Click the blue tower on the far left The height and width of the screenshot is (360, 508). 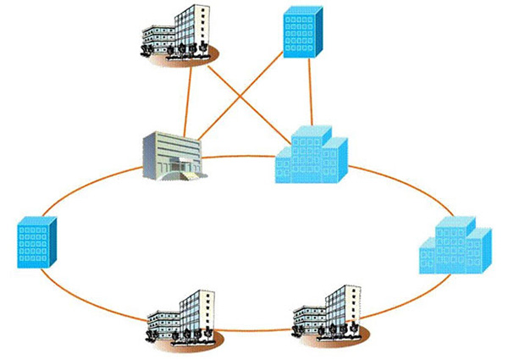(x=37, y=241)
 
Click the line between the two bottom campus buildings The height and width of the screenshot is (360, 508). (x=254, y=331)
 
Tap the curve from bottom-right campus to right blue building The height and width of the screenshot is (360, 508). (x=398, y=301)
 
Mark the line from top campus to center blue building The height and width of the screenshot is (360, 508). (x=254, y=110)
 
